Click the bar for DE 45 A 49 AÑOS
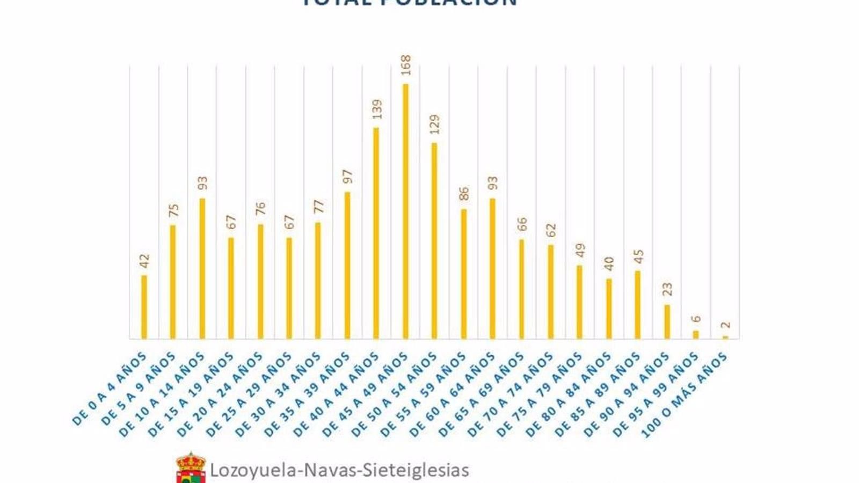click(405, 211)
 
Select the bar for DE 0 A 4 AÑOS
click(144, 307)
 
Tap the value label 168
click(406, 65)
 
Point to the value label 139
click(377, 109)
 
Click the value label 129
click(435, 124)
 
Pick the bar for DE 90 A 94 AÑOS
click(667, 322)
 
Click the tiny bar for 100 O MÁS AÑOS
click(725, 337)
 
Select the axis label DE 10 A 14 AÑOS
click(163, 394)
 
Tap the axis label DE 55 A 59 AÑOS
click(424, 394)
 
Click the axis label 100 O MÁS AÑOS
click(685, 395)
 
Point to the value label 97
click(348, 177)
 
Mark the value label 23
click(667, 289)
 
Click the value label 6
click(696, 319)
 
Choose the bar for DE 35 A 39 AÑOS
click(347, 265)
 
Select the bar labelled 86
click(464, 274)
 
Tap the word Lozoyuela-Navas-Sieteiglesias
click(339, 470)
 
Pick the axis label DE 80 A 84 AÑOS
click(569, 394)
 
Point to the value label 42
click(144, 261)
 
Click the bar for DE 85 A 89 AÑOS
click(638, 304)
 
